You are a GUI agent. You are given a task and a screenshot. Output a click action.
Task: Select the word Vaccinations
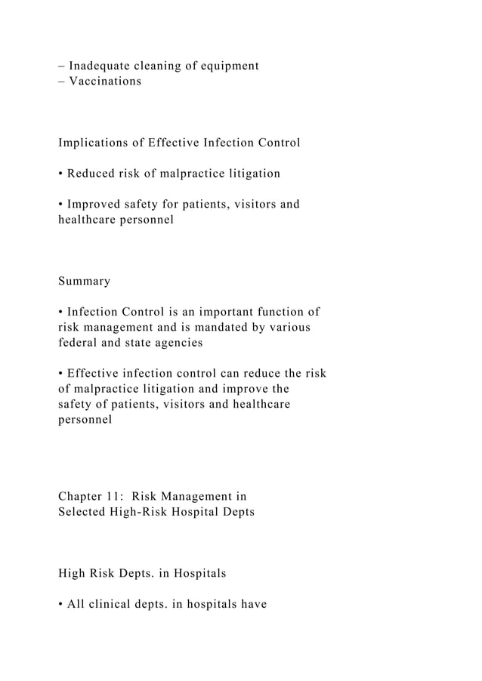point(105,81)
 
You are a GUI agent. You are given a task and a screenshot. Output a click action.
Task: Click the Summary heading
point(84,282)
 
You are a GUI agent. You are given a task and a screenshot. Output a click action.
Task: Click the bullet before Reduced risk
point(61,174)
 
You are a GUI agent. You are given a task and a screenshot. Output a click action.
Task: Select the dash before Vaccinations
point(61,81)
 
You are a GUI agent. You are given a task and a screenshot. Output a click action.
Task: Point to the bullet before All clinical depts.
point(61,605)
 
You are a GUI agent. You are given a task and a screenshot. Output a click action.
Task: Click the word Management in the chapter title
point(199,497)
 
